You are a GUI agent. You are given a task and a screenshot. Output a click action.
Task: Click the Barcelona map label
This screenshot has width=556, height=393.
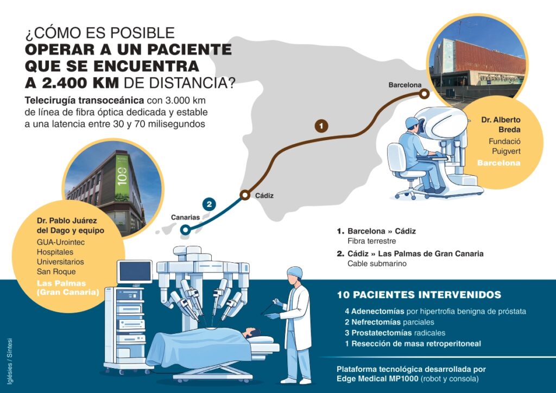(405, 85)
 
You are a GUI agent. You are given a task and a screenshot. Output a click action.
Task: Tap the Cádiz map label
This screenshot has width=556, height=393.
(264, 195)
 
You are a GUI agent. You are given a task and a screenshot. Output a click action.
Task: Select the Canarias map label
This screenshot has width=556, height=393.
(186, 217)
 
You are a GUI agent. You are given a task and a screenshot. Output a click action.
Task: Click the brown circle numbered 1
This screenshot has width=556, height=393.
(322, 126)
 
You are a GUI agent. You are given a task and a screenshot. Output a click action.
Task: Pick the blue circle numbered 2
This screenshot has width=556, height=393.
(209, 205)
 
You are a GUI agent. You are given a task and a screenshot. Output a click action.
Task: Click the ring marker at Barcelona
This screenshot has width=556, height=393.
(424, 94)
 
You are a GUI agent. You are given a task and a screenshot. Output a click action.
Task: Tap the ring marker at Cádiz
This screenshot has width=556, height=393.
(245, 195)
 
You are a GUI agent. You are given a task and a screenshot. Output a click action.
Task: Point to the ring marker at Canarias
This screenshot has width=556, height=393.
(185, 230)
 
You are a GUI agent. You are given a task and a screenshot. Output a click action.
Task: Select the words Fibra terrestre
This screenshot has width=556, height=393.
(372, 240)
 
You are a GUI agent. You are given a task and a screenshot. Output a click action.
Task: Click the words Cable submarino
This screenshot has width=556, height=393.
(377, 263)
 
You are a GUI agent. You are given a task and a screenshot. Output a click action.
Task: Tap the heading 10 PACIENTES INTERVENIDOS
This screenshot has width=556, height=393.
(419, 295)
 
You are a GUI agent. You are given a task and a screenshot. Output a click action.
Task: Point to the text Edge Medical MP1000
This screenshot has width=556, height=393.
(378, 378)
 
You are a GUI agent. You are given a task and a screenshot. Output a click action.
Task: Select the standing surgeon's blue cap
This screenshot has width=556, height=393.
(294, 271)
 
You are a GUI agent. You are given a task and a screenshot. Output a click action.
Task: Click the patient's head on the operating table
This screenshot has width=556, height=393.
(251, 332)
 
